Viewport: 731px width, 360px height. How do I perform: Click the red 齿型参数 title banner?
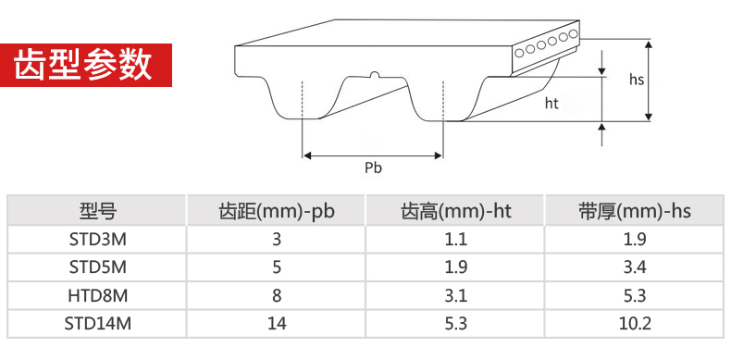tap(86, 65)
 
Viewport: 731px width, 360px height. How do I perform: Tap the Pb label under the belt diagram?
tap(373, 168)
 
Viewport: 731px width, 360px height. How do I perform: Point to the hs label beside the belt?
tap(637, 80)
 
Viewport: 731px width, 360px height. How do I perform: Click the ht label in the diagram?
tap(551, 103)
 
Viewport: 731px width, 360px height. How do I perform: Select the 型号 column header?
tap(97, 211)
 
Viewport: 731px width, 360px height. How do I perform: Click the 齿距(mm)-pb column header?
tap(277, 212)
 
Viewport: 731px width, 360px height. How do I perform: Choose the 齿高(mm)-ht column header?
tap(455, 212)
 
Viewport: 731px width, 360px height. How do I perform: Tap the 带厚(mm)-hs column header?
tap(635, 212)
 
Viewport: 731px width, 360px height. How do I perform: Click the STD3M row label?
tap(97, 239)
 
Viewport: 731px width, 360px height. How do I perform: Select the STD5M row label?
tap(97, 267)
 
